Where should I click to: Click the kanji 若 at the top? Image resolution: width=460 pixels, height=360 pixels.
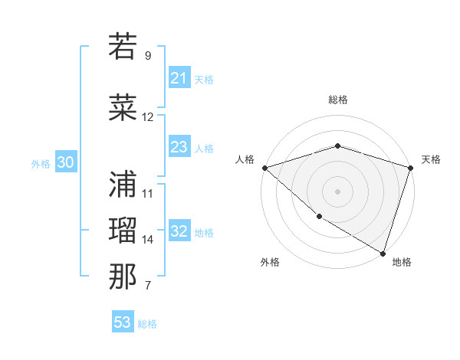point(123,47)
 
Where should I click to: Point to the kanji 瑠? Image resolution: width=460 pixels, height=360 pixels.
point(123,231)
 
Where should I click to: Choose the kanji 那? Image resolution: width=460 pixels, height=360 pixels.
point(123,277)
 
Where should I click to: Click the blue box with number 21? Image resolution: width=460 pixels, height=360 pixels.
point(179,78)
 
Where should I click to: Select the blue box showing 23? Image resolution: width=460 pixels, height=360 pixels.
point(179,147)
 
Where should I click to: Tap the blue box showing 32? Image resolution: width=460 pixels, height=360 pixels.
point(179,232)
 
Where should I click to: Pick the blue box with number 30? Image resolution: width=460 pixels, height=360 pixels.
point(65,162)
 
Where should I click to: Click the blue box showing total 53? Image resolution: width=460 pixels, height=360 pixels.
point(122,322)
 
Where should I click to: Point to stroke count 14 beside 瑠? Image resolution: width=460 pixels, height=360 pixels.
point(148,240)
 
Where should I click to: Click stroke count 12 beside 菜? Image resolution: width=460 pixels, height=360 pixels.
point(148,117)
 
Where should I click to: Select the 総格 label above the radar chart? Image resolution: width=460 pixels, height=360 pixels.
point(338,100)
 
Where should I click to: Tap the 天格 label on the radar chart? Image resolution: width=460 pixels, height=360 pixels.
point(431,159)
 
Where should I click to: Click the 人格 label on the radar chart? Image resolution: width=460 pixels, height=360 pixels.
point(245,159)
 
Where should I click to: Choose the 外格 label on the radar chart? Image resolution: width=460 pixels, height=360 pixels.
point(270,262)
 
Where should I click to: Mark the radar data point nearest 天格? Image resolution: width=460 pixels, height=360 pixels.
point(410,168)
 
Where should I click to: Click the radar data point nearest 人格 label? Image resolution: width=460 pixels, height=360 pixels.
point(264,168)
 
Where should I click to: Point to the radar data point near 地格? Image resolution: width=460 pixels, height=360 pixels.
point(383,253)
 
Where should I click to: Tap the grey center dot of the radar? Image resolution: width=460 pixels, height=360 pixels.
point(337,191)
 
